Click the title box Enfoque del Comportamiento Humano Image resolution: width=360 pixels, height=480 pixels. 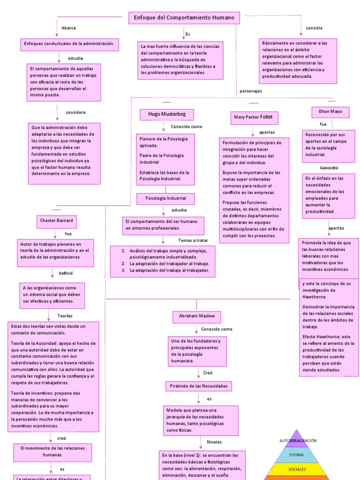pyautogui.click(x=184, y=18)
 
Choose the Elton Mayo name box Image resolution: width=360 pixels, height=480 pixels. pyautogui.click(x=330, y=112)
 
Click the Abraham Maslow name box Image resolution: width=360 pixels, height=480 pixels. pyautogui.click(x=196, y=316)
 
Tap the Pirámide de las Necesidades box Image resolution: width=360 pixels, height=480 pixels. pyautogui.click(x=198, y=386)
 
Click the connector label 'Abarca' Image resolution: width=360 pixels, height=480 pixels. pyautogui.click(x=68, y=28)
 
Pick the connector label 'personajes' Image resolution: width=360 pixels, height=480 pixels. pyautogui.click(x=251, y=91)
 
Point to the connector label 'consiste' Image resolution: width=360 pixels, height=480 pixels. pyautogui.click(x=314, y=28)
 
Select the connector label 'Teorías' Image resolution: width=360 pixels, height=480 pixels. pyautogui.click(x=65, y=316)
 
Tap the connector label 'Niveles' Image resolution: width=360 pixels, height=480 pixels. pyautogui.click(x=214, y=442)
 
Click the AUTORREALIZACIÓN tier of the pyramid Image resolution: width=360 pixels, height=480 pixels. pyautogui.click(x=298, y=441)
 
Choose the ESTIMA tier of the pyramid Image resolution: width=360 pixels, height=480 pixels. pyautogui.click(x=296, y=455)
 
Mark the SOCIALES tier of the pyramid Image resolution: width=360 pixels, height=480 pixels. pyautogui.click(x=297, y=469)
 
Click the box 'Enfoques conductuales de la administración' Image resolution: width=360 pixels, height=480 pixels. pyautogui.click(x=69, y=44)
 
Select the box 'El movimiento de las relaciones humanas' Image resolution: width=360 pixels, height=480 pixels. pyautogui.click(x=52, y=451)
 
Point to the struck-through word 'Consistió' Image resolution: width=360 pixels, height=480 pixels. pyautogui.click(x=329, y=167)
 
